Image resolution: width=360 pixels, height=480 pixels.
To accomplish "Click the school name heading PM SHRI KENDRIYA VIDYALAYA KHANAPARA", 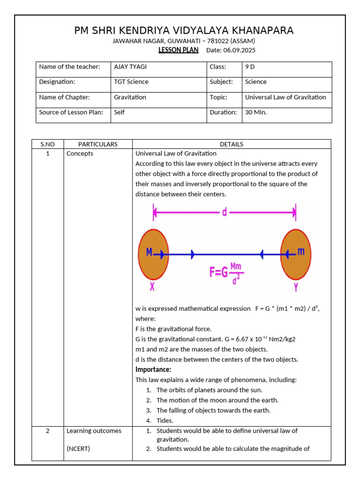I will click(184, 31).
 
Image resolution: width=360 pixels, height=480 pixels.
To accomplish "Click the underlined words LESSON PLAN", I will click(179, 50).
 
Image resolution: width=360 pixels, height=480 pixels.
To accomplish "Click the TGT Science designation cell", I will click(131, 82).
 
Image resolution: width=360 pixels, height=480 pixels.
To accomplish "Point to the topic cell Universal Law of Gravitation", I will click(285, 97).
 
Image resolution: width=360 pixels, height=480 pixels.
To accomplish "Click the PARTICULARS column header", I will click(97, 144).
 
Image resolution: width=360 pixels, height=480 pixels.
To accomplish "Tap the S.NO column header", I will click(47, 144).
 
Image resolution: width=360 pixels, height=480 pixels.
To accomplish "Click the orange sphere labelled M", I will click(153, 254).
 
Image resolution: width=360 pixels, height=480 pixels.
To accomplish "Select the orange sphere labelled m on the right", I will click(295, 254).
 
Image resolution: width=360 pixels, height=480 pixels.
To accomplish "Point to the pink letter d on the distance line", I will click(225, 212).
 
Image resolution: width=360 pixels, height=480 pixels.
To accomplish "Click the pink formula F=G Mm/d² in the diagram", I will click(226, 272).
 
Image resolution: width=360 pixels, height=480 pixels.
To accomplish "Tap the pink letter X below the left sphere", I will click(152, 287).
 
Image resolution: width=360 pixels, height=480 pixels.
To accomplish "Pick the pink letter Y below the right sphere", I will click(296, 287).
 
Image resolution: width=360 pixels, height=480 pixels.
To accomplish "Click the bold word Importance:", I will click(153, 370).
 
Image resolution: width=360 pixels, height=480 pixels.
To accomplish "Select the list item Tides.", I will click(165, 420).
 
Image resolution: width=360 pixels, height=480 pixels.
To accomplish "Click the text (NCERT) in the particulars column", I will click(78, 449).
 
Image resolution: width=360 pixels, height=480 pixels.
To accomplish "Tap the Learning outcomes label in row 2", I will click(94, 431).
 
